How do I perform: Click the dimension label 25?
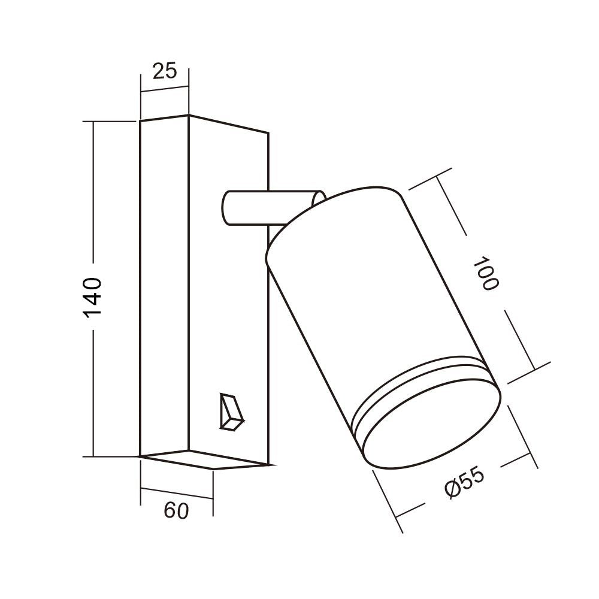click(165, 71)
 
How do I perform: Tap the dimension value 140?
click(93, 297)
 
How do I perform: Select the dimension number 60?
click(176, 511)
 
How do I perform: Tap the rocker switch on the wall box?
click(231, 412)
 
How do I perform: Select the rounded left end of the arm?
click(226, 208)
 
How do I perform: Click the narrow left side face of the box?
click(164, 288)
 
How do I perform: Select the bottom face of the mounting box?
click(204, 459)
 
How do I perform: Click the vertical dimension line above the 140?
click(93, 192)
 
